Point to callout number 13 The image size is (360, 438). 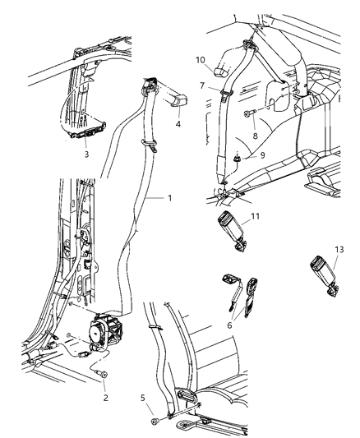click(x=340, y=251)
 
